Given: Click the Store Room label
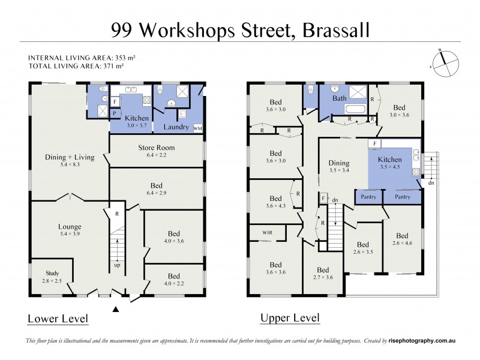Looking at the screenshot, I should tap(156, 148).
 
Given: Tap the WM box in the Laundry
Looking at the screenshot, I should tap(197, 128).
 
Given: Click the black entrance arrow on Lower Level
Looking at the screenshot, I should tap(116, 309).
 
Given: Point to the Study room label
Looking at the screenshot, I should tap(51, 273).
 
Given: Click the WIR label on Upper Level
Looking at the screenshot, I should tap(268, 231).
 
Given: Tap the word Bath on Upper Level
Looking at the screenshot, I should tap(340, 98).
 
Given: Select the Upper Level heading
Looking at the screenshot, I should tap(290, 318).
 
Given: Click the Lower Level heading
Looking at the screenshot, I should tap(58, 318).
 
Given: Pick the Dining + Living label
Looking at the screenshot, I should tap(70, 157).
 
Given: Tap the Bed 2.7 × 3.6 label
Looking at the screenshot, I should tap(323, 273).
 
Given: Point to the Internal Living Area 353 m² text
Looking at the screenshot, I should tap(82, 57).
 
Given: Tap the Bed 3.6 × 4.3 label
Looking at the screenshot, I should tap(275, 202).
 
